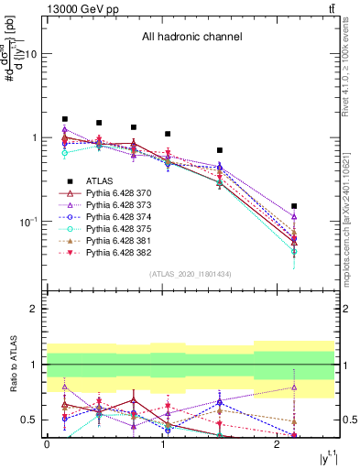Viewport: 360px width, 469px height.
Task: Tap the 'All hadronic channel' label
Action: [x=191, y=38]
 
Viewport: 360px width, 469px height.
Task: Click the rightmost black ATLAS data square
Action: [x=294, y=207]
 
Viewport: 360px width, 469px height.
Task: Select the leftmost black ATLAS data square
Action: [x=65, y=119]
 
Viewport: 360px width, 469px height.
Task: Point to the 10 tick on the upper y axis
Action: [x=30, y=53]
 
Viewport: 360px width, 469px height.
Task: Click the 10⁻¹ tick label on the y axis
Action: [x=27, y=222]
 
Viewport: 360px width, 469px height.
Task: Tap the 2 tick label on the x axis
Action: [x=277, y=444]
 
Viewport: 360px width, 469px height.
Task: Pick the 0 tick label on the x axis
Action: [x=47, y=444]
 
